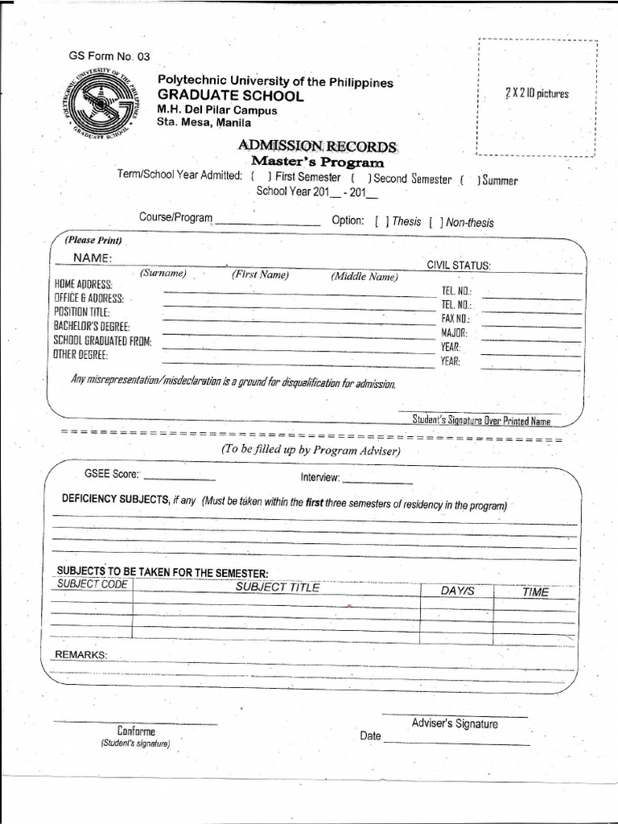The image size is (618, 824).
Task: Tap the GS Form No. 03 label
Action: (x=109, y=56)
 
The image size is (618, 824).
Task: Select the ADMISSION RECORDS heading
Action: (x=317, y=146)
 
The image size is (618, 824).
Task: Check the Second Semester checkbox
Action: (x=360, y=179)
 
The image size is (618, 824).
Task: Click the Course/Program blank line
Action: (x=267, y=224)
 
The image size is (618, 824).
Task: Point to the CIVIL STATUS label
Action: (x=459, y=265)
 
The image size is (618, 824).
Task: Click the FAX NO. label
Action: (x=455, y=319)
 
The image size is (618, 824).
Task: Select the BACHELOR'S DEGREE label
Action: (x=92, y=326)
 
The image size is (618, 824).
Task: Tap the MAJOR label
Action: (x=454, y=332)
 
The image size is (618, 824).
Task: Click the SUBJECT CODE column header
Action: (x=92, y=584)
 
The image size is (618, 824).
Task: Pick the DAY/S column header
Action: (x=458, y=591)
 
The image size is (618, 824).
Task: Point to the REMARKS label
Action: (x=80, y=655)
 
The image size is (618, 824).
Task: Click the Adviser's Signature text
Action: (x=455, y=723)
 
